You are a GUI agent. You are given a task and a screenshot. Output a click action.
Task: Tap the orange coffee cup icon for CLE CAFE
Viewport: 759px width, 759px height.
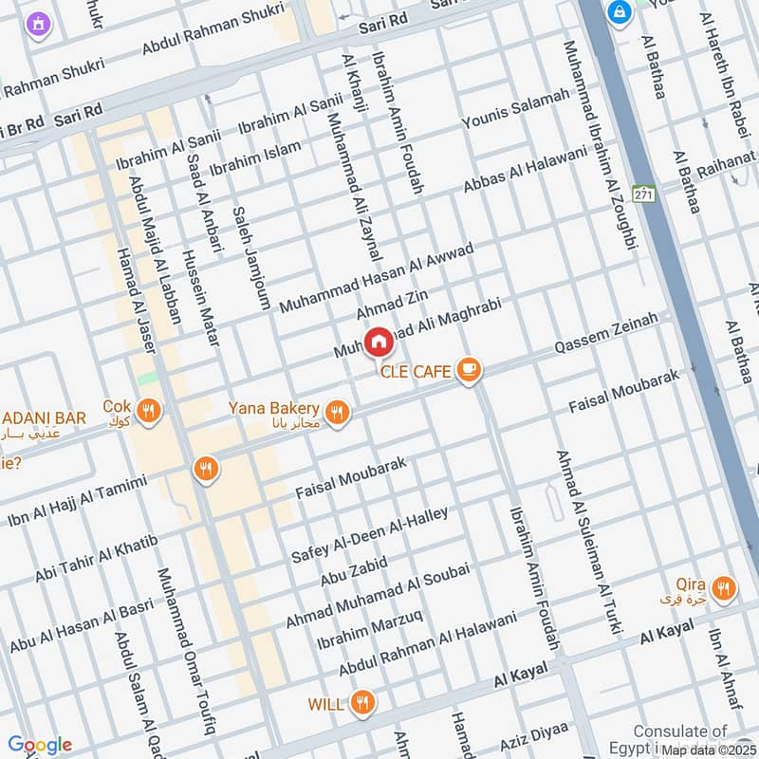pyautogui.click(x=467, y=370)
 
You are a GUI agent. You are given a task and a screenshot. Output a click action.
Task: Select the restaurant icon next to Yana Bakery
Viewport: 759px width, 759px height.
pyautogui.click(x=337, y=413)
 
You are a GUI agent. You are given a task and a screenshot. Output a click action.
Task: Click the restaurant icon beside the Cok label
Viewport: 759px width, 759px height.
pyautogui.click(x=148, y=411)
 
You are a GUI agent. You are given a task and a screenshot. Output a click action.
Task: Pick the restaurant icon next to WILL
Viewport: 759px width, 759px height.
pyautogui.click(x=361, y=703)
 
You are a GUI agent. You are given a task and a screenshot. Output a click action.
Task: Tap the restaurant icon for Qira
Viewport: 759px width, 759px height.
pyautogui.click(x=724, y=589)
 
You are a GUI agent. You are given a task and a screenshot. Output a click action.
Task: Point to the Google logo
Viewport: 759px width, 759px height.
pyautogui.click(x=40, y=745)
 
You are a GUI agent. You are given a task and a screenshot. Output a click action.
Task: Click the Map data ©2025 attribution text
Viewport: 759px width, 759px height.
pyautogui.click(x=710, y=750)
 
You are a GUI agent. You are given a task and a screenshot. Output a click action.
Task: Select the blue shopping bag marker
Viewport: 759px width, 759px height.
pyautogui.click(x=620, y=13)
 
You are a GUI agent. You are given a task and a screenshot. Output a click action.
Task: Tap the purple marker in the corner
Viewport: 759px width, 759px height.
pyautogui.click(x=38, y=22)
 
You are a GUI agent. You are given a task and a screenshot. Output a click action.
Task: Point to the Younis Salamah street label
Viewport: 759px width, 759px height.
pyautogui.click(x=516, y=109)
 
